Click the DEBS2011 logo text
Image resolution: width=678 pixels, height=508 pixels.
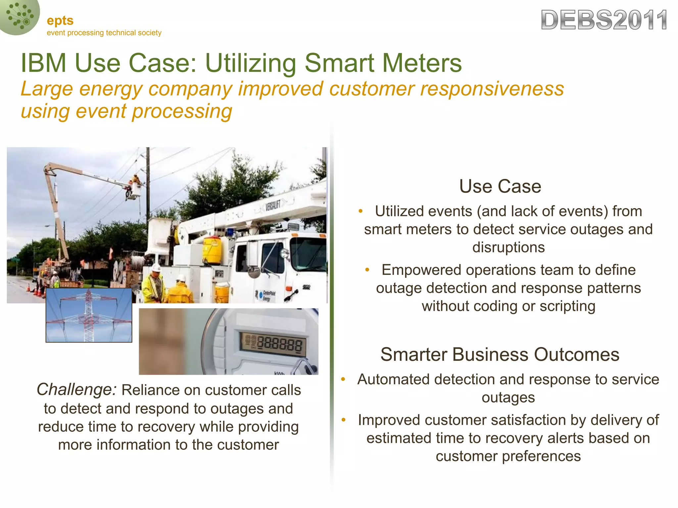[x=604, y=21]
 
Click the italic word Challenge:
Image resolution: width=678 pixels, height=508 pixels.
[x=76, y=390]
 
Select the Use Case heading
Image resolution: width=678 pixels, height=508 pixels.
[x=500, y=186]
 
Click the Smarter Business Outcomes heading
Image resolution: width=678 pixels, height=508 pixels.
[x=500, y=355]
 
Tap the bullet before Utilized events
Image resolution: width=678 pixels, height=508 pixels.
[x=361, y=211]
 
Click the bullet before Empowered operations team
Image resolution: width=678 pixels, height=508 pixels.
[x=367, y=270]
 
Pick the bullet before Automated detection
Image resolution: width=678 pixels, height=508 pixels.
[x=343, y=379]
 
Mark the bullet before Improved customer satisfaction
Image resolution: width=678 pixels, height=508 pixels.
[x=344, y=420]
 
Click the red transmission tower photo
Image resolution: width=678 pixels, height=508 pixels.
[x=89, y=315]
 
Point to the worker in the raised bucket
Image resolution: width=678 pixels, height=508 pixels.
[x=135, y=181]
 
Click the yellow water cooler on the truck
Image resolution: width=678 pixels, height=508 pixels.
[x=212, y=250]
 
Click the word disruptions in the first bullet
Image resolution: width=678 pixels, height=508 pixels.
[x=508, y=247]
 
